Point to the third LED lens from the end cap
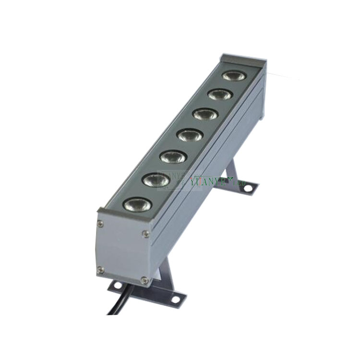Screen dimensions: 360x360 click(x=173, y=156)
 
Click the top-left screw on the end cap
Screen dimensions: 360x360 click(x=100, y=223)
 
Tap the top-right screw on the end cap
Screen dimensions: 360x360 click(x=145, y=234)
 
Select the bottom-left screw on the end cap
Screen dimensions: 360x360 click(x=100, y=271)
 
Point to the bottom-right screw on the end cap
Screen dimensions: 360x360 click(x=144, y=279)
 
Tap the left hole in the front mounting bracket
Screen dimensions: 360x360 click(x=116, y=286)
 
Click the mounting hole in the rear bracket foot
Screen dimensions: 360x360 click(x=248, y=188)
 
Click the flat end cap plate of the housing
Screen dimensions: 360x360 click(x=122, y=250)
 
